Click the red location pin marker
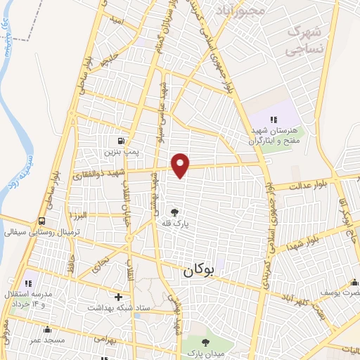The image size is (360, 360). (181, 165)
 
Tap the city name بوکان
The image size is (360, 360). (202, 270)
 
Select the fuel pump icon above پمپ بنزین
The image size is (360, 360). (124, 140)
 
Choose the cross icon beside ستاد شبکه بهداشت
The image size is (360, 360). (118, 297)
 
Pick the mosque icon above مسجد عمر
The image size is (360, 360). (46, 328)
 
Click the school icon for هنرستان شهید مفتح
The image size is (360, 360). (274, 120)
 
